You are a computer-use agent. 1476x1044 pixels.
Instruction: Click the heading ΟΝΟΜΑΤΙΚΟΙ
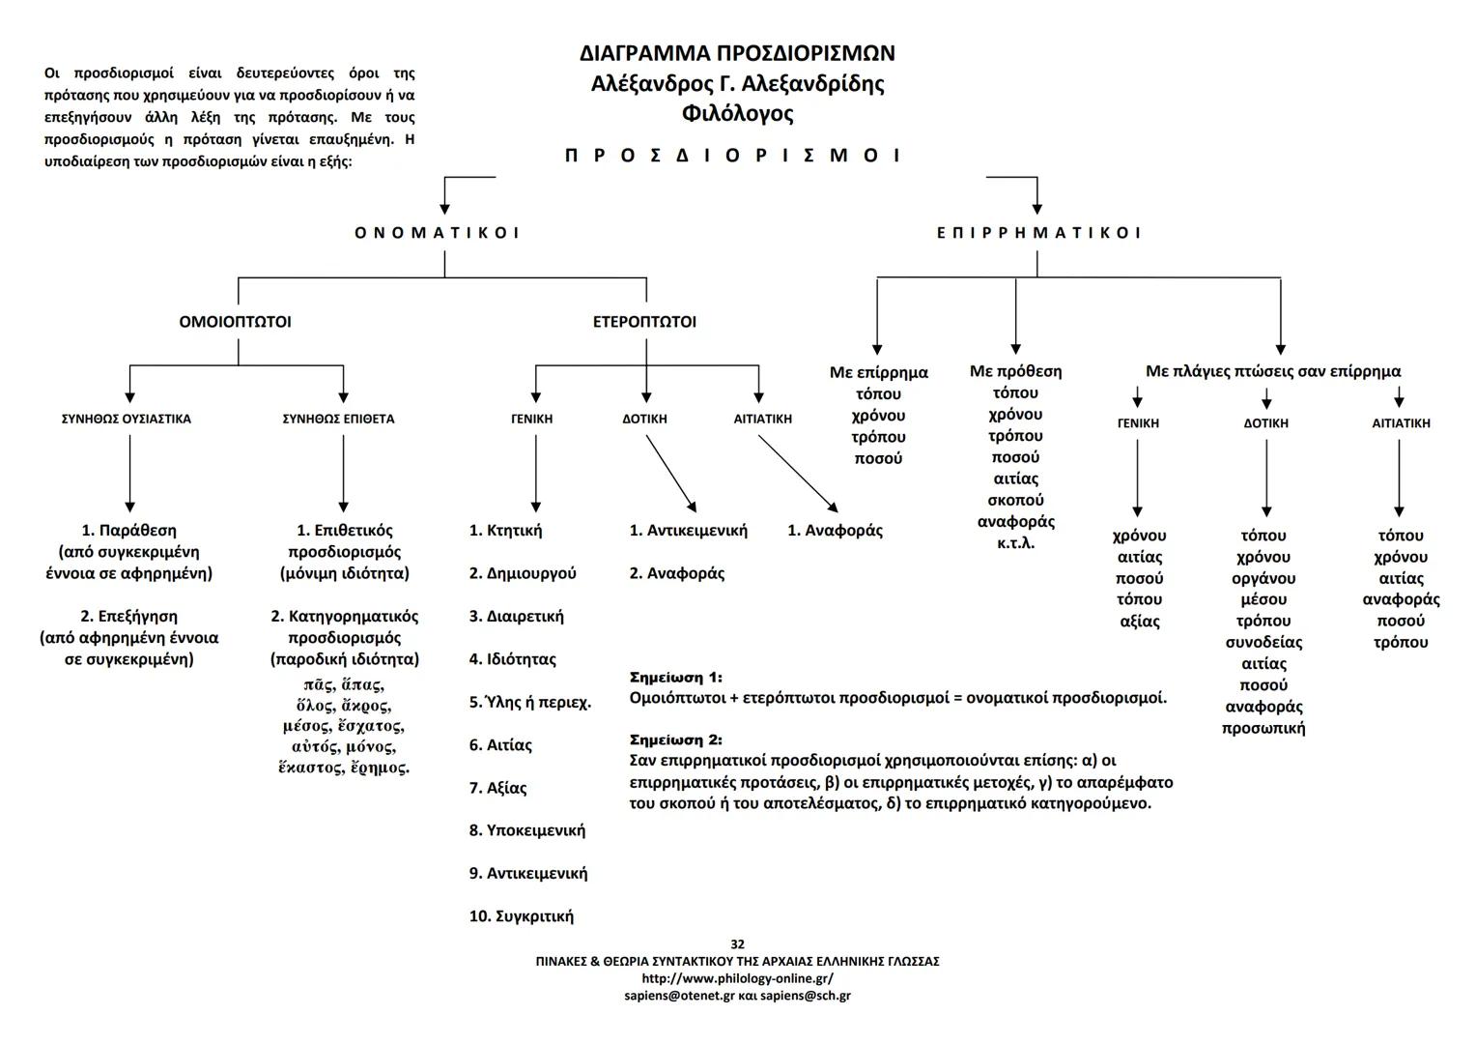click(437, 233)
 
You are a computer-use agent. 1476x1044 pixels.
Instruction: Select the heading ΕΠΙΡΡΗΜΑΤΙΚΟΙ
click(1038, 233)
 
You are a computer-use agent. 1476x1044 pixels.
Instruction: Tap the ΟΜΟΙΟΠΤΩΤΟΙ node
click(235, 322)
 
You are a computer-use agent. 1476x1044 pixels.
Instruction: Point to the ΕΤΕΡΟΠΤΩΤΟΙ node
click(644, 322)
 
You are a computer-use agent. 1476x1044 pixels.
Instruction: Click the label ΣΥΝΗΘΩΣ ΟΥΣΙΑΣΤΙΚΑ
click(126, 420)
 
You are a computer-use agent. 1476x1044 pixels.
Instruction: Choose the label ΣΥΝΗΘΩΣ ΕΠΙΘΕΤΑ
click(338, 420)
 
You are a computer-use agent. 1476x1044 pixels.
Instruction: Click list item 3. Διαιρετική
click(517, 617)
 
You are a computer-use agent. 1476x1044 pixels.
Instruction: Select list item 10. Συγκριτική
click(522, 916)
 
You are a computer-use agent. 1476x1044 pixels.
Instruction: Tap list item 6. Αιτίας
click(500, 745)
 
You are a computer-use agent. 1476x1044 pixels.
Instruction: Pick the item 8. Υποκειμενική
click(527, 830)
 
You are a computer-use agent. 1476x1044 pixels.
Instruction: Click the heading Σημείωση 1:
click(675, 678)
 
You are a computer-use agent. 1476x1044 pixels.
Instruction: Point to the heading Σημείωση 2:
click(675, 740)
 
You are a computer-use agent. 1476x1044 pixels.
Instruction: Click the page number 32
click(737, 944)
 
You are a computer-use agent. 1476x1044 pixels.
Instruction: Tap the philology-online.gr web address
click(737, 978)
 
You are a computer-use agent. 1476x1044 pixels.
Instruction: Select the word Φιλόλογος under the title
click(737, 114)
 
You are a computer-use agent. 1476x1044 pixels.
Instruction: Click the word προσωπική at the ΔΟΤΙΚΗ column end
click(1263, 728)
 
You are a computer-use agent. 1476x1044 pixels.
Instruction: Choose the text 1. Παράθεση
click(129, 531)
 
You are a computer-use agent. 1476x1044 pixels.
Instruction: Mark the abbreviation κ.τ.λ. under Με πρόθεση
click(1015, 543)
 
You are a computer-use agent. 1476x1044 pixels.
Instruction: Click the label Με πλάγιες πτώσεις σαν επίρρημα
click(1272, 371)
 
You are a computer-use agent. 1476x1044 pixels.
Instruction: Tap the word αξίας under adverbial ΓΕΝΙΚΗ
click(1139, 622)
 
